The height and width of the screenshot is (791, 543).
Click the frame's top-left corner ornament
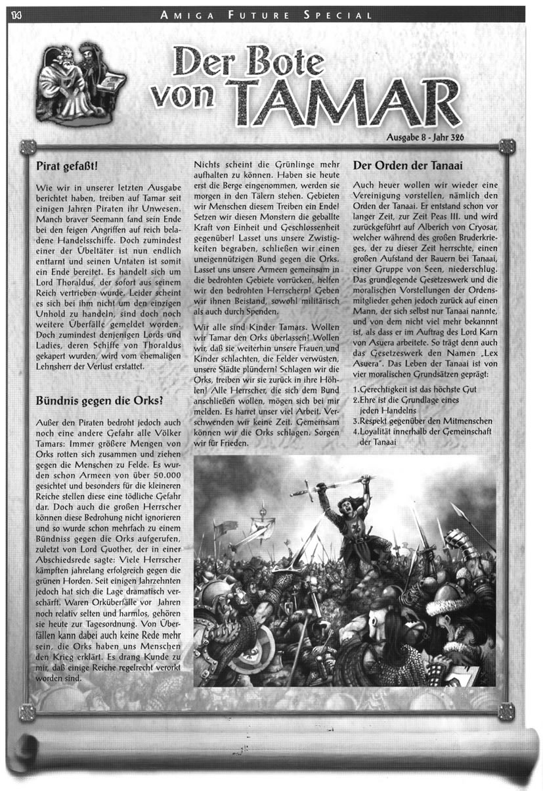pyautogui.click(x=28, y=147)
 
